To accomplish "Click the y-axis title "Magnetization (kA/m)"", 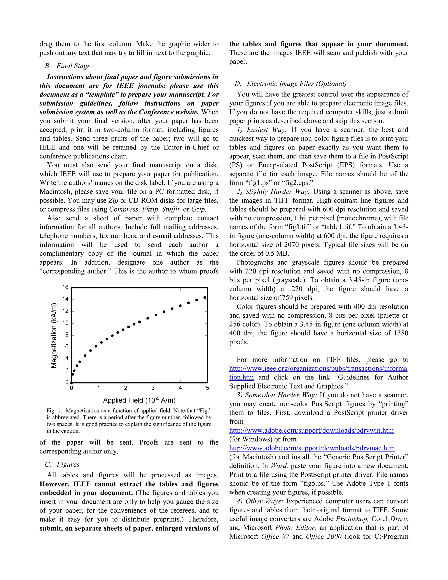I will click(x=54, y=335).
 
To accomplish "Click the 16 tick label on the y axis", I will click(x=65, y=287).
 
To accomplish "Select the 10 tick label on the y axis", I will click(x=65, y=323).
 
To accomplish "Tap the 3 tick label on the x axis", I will click(x=153, y=388).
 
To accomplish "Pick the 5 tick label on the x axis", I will click(x=207, y=388).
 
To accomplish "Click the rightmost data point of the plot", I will click(x=205, y=297).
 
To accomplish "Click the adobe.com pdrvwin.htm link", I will click(x=311, y=430).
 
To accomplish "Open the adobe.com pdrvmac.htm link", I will click(x=312, y=448).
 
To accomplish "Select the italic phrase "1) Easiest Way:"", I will click(x=262, y=130).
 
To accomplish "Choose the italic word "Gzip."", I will click(x=199, y=209).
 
